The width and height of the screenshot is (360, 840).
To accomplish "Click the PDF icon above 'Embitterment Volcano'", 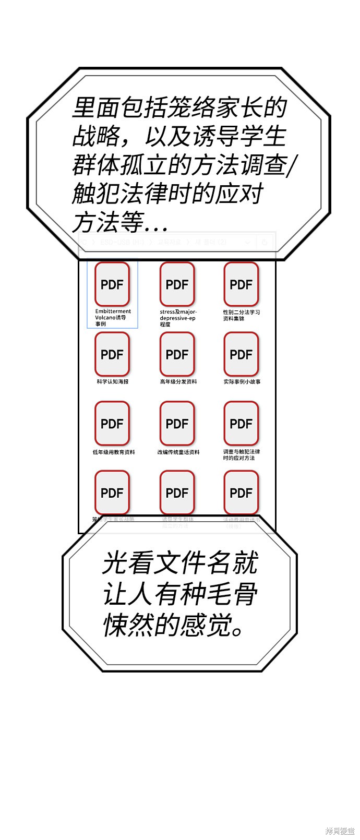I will [x=112, y=284].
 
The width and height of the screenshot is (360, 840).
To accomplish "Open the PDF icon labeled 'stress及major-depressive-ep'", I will [x=177, y=284].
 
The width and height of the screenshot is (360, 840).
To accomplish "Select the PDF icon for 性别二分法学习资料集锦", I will [x=241, y=284].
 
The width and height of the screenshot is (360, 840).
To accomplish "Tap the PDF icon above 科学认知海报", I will [x=112, y=354].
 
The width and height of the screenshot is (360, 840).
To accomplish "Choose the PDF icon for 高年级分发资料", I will [x=177, y=354].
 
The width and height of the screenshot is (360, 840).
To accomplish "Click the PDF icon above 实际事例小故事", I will [x=241, y=354].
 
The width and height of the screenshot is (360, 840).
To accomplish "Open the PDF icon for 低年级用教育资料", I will [x=112, y=424].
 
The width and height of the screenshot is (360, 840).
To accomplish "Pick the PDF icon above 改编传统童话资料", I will [x=177, y=424].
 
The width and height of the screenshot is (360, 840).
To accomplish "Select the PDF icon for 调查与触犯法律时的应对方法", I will [x=241, y=424].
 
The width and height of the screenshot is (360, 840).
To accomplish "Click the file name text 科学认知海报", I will [x=112, y=382].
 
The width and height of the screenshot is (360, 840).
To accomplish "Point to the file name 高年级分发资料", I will [x=178, y=382].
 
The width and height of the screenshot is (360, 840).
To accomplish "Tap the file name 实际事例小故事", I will [x=242, y=382].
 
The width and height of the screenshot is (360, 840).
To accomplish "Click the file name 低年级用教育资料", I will [x=113, y=452].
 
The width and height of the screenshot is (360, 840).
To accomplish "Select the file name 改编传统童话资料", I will [x=178, y=452].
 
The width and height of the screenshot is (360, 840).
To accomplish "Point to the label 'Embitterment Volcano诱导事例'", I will [x=113, y=317].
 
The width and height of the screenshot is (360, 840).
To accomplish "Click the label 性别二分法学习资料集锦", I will [x=242, y=315].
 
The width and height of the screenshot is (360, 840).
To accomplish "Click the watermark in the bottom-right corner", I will [x=340, y=831].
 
